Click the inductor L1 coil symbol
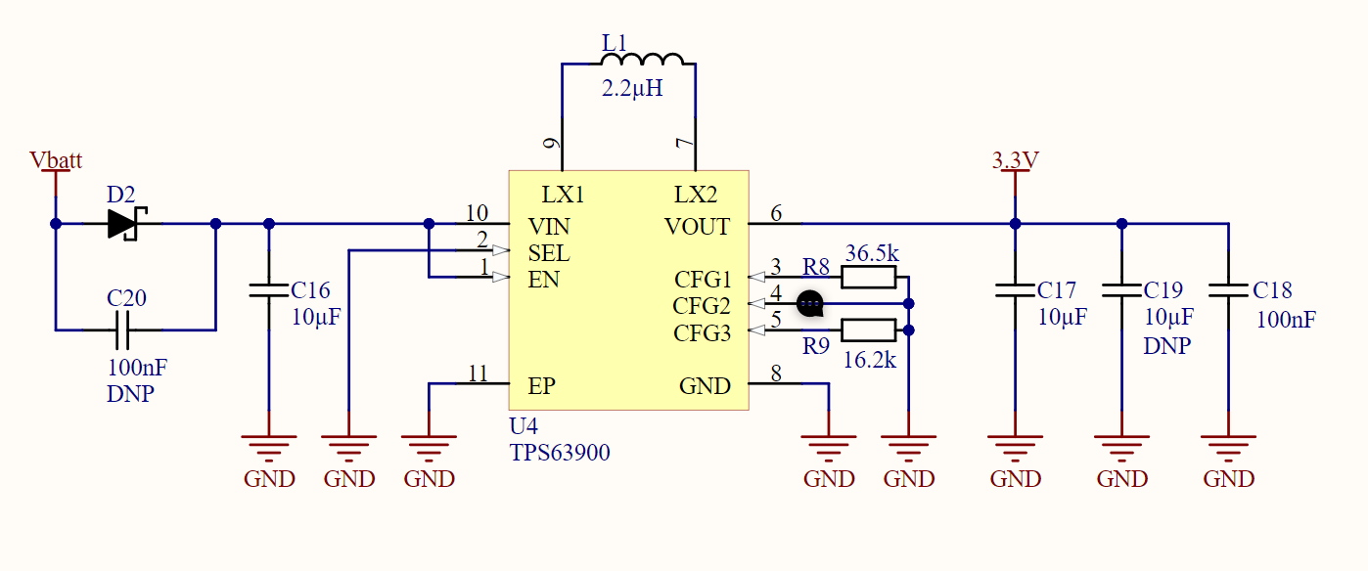click(x=643, y=61)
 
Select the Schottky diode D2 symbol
click(x=124, y=224)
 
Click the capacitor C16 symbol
click(x=269, y=290)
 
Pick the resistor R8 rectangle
click(x=868, y=279)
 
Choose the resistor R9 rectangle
click(x=868, y=330)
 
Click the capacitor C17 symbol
click(x=1015, y=290)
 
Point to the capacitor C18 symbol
click(x=1228, y=290)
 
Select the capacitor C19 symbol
click(x=1121, y=290)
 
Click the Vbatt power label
click(x=56, y=160)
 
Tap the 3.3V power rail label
click(x=1015, y=160)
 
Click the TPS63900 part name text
click(x=560, y=453)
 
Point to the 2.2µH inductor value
click(x=631, y=89)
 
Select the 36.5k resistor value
click(x=873, y=253)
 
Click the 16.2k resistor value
click(x=870, y=359)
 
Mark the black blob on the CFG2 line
click(x=809, y=305)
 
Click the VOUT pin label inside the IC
click(x=697, y=227)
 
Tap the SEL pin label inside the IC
click(x=549, y=253)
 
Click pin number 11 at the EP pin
click(x=478, y=373)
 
